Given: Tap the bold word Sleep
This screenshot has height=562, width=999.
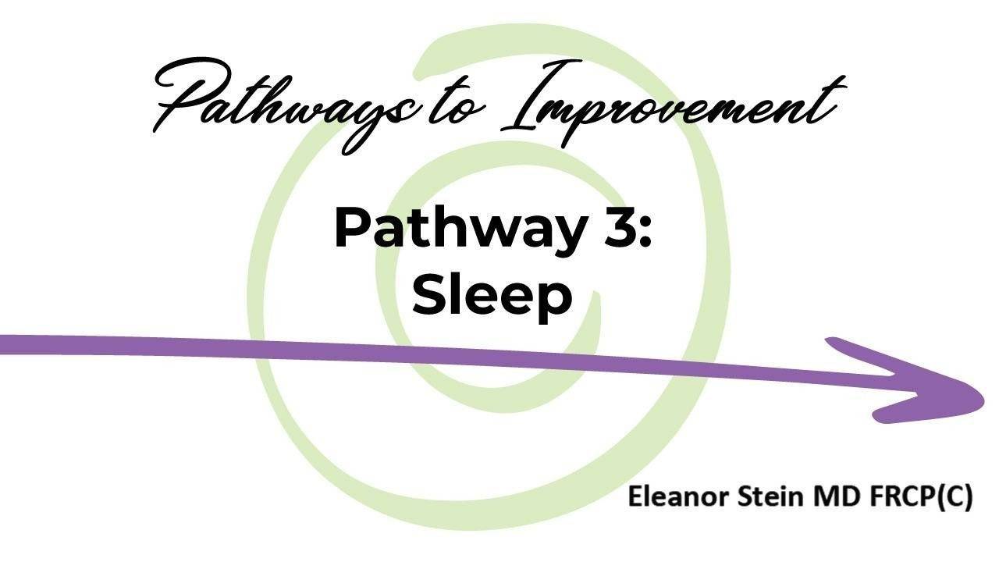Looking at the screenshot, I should click(492, 297).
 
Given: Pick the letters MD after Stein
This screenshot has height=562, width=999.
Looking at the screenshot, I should click(815, 497).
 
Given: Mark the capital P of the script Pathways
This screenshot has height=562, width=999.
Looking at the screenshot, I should click(183, 98).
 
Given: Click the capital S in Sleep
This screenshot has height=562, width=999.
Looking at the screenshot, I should click(430, 297).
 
